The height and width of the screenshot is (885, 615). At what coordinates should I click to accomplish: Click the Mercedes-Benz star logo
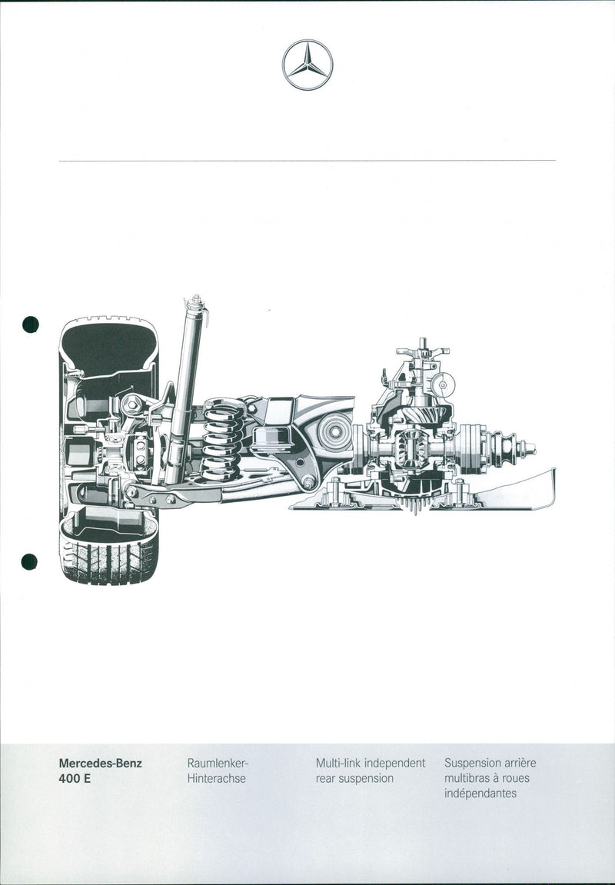click(x=307, y=65)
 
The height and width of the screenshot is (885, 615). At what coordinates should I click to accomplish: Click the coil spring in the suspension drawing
click(x=223, y=439)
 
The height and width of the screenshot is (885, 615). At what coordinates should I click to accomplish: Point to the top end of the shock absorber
click(x=196, y=297)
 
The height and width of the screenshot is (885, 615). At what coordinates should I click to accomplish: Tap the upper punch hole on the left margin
click(x=31, y=324)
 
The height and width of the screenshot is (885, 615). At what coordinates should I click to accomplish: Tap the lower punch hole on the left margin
click(x=29, y=561)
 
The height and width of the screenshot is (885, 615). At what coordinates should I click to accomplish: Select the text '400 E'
click(x=75, y=778)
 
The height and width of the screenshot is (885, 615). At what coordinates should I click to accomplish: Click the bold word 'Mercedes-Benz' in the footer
click(x=101, y=763)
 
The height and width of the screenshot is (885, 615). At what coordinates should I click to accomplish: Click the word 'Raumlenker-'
click(x=218, y=763)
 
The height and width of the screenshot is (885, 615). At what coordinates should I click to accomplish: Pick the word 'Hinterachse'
click(x=217, y=778)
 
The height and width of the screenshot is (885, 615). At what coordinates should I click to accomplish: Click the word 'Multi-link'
click(x=338, y=763)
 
